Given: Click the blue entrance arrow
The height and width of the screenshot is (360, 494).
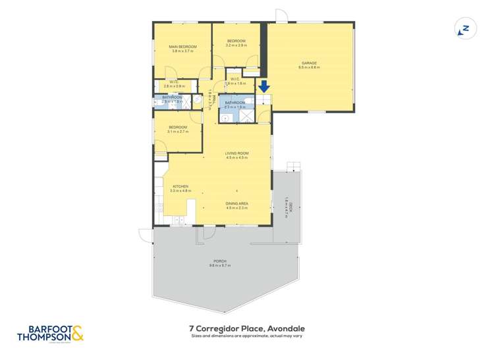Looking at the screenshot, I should click(264, 86).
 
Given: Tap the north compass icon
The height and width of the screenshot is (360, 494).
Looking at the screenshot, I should click(464, 29).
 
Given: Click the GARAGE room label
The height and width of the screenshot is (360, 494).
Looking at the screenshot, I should click(309, 63).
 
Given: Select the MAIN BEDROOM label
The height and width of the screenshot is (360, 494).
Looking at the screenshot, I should click(182, 47).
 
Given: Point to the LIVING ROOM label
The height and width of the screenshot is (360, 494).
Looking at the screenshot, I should click(236, 154).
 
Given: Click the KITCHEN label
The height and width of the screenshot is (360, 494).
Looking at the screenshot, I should click(180, 186).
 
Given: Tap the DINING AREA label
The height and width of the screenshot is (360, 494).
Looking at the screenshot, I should click(236, 204).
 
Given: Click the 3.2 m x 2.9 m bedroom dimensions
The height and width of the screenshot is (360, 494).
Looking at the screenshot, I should click(236, 45).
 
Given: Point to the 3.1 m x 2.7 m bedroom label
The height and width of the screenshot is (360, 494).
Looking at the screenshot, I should click(178, 132).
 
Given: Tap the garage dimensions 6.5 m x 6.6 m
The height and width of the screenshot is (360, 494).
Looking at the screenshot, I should click(309, 67).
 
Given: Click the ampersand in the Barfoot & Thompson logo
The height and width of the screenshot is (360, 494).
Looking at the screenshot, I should click(77, 335).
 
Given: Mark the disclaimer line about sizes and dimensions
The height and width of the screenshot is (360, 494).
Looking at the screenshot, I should click(247, 336).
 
